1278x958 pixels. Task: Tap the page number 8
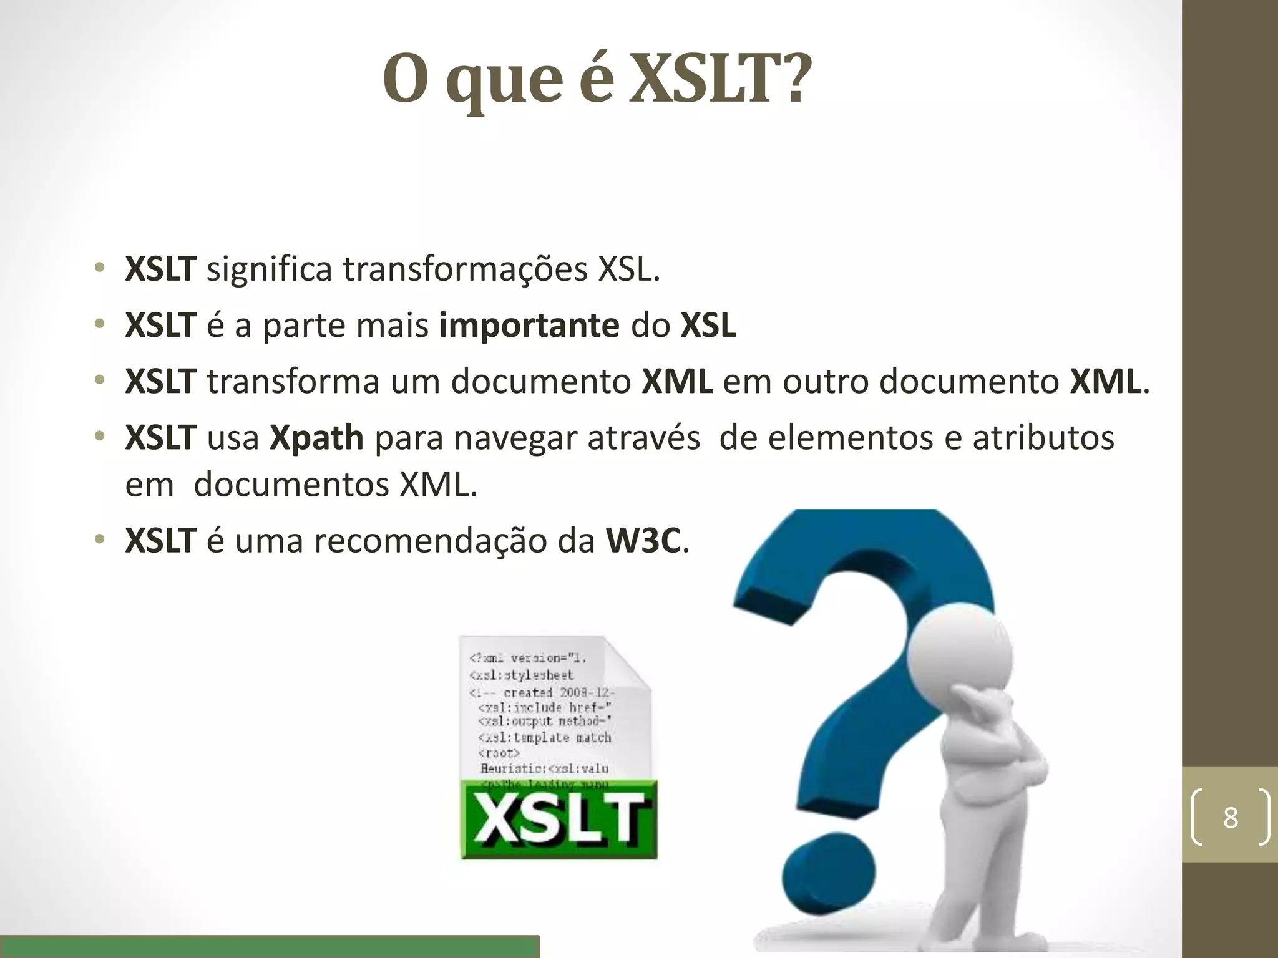(1230, 817)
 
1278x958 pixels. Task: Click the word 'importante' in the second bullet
(529, 326)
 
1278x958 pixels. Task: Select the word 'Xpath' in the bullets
(316, 438)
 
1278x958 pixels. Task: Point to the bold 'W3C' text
(643, 541)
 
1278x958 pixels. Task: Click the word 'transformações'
(465, 269)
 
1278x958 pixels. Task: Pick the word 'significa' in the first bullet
(269, 269)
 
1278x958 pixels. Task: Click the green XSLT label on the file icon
(559, 819)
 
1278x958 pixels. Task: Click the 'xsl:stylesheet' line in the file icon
(521, 675)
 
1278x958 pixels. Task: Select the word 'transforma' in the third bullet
(293, 382)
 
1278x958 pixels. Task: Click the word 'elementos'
(851, 438)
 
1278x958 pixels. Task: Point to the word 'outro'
(826, 382)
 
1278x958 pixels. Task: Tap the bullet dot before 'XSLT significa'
(99, 269)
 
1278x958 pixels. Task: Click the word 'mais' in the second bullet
(398, 326)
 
